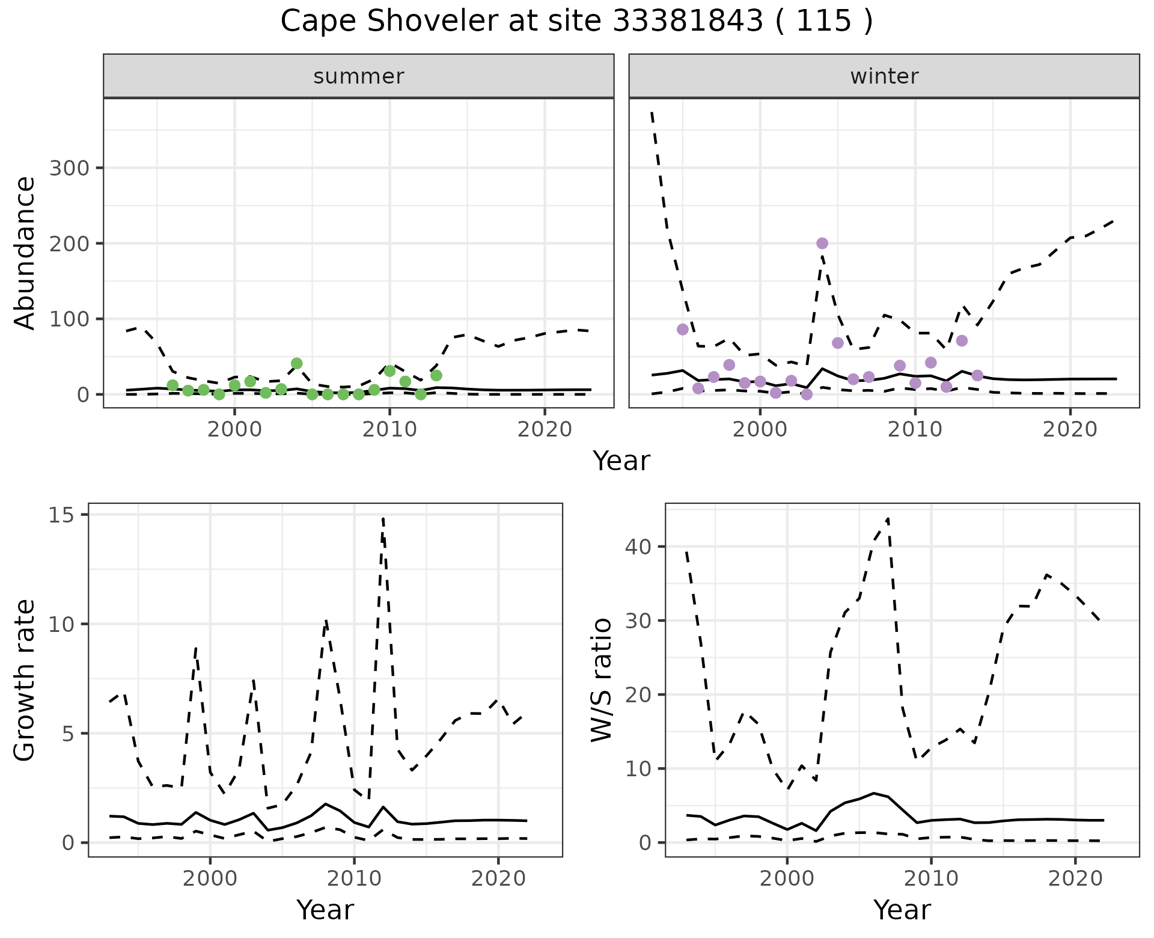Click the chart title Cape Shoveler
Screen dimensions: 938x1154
[576, 22]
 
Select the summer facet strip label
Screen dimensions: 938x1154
[359, 76]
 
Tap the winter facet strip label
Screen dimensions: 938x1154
[884, 76]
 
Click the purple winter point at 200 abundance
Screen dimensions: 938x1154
[822, 244]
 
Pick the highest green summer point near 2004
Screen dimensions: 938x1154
[296, 363]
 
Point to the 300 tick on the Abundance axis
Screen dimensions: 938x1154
[69, 168]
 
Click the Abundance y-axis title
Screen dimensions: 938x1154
[25, 253]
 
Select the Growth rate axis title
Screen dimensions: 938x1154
[25, 680]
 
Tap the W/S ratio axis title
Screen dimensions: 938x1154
[602, 680]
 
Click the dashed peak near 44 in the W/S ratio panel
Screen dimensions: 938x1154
[888, 518]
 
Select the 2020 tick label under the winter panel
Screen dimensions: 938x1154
[1070, 430]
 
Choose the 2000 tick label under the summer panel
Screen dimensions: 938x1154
[234, 430]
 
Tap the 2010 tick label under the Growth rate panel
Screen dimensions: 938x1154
[354, 878]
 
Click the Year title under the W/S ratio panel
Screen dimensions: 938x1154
[902, 910]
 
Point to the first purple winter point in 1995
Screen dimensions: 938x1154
[682, 329]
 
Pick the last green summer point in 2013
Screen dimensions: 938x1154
[436, 375]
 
